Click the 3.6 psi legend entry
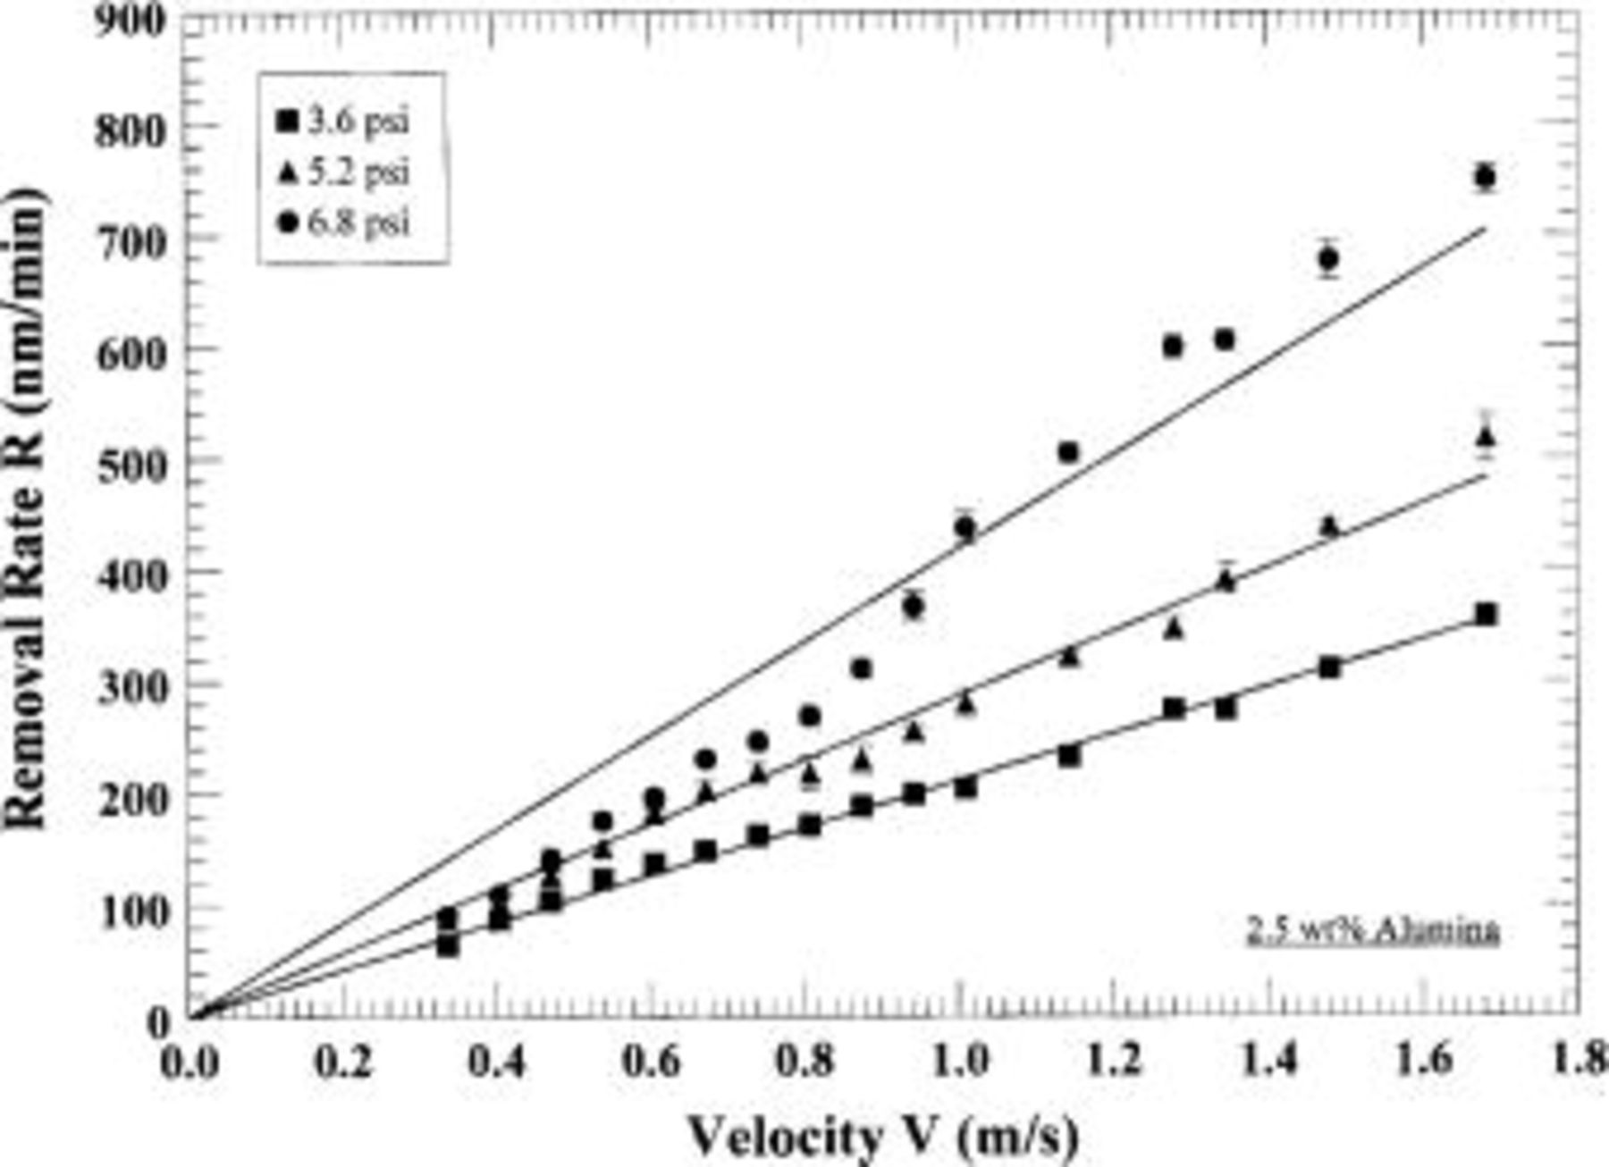(x=345, y=121)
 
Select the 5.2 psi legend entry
(x=345, y=172)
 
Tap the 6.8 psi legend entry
(x=345, y=222)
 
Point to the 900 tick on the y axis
(x=131, y=20)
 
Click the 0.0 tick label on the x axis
(x=190, y=1063)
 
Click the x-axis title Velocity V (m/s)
(x=883, y=1137)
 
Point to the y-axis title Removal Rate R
(x=25, y=509)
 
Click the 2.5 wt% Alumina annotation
(x=1372, y=931)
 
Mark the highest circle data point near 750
(x=1485, y=177)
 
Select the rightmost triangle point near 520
(x=1486, y=436)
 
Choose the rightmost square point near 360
(x=1486, y=614)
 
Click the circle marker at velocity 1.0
(x=965, y=528)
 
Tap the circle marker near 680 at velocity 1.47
(x=1328, y=259)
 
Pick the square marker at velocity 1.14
(x=1069, y=756)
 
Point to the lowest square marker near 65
(x=448, y=945)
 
